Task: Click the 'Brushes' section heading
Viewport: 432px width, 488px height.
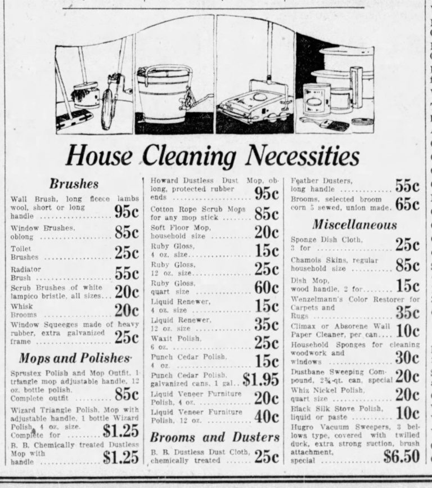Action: click(74, 183)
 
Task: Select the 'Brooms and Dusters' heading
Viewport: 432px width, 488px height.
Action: click(214, 437)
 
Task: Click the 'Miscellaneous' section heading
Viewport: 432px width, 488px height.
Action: click(354, 225)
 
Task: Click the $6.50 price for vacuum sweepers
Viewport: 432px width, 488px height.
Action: click(401, 456)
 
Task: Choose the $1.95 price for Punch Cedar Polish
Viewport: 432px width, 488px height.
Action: click(260, 379)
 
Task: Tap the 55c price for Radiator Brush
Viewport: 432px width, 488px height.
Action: click(127, 273)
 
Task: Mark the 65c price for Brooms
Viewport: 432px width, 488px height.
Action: click(407, 204)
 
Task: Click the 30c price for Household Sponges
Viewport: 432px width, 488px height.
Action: click(407, 357)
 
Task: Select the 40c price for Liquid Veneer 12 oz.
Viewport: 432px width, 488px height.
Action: click(266, 417)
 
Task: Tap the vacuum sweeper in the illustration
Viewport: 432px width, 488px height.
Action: click(251, 104)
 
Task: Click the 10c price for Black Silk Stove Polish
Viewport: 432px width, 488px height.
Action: click(407, 413)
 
